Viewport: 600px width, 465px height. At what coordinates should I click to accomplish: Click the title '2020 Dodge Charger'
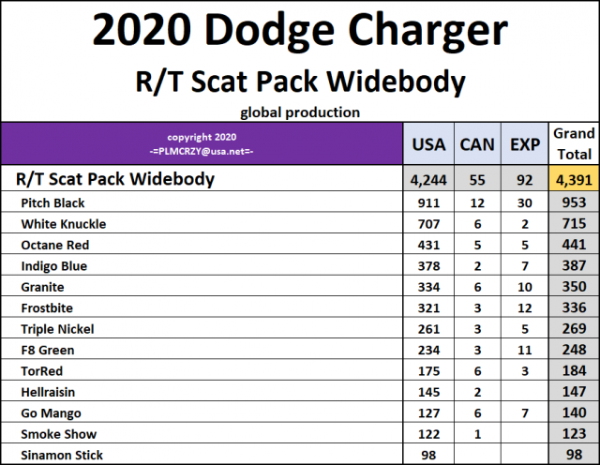coord(300,34)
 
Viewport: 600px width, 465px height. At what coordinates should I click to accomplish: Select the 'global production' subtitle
coord(300,112)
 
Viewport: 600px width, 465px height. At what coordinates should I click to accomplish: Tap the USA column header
coord(429,145)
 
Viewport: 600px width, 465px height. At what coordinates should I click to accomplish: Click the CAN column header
coord(477,145)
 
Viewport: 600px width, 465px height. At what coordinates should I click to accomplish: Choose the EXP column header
coord(524,145)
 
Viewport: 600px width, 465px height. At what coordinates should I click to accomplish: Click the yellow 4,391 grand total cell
coord(573,179)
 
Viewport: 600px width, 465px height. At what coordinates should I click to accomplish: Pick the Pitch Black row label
coord(58,202)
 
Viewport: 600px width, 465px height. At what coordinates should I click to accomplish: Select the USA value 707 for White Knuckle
coord(428,224)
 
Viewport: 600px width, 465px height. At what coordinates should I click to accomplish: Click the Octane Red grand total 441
coord(573,245)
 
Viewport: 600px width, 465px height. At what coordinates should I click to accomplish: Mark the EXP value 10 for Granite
coord(523,287)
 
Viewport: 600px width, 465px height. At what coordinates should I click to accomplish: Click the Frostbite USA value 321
coord(428,307)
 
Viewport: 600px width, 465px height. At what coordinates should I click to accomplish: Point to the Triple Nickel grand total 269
coord(573,329)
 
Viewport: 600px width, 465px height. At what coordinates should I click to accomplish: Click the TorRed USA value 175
coord(428,371)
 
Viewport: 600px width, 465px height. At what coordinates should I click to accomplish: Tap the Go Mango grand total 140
coord(573,413)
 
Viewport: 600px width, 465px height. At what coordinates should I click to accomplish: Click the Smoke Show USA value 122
coord(428,434)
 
